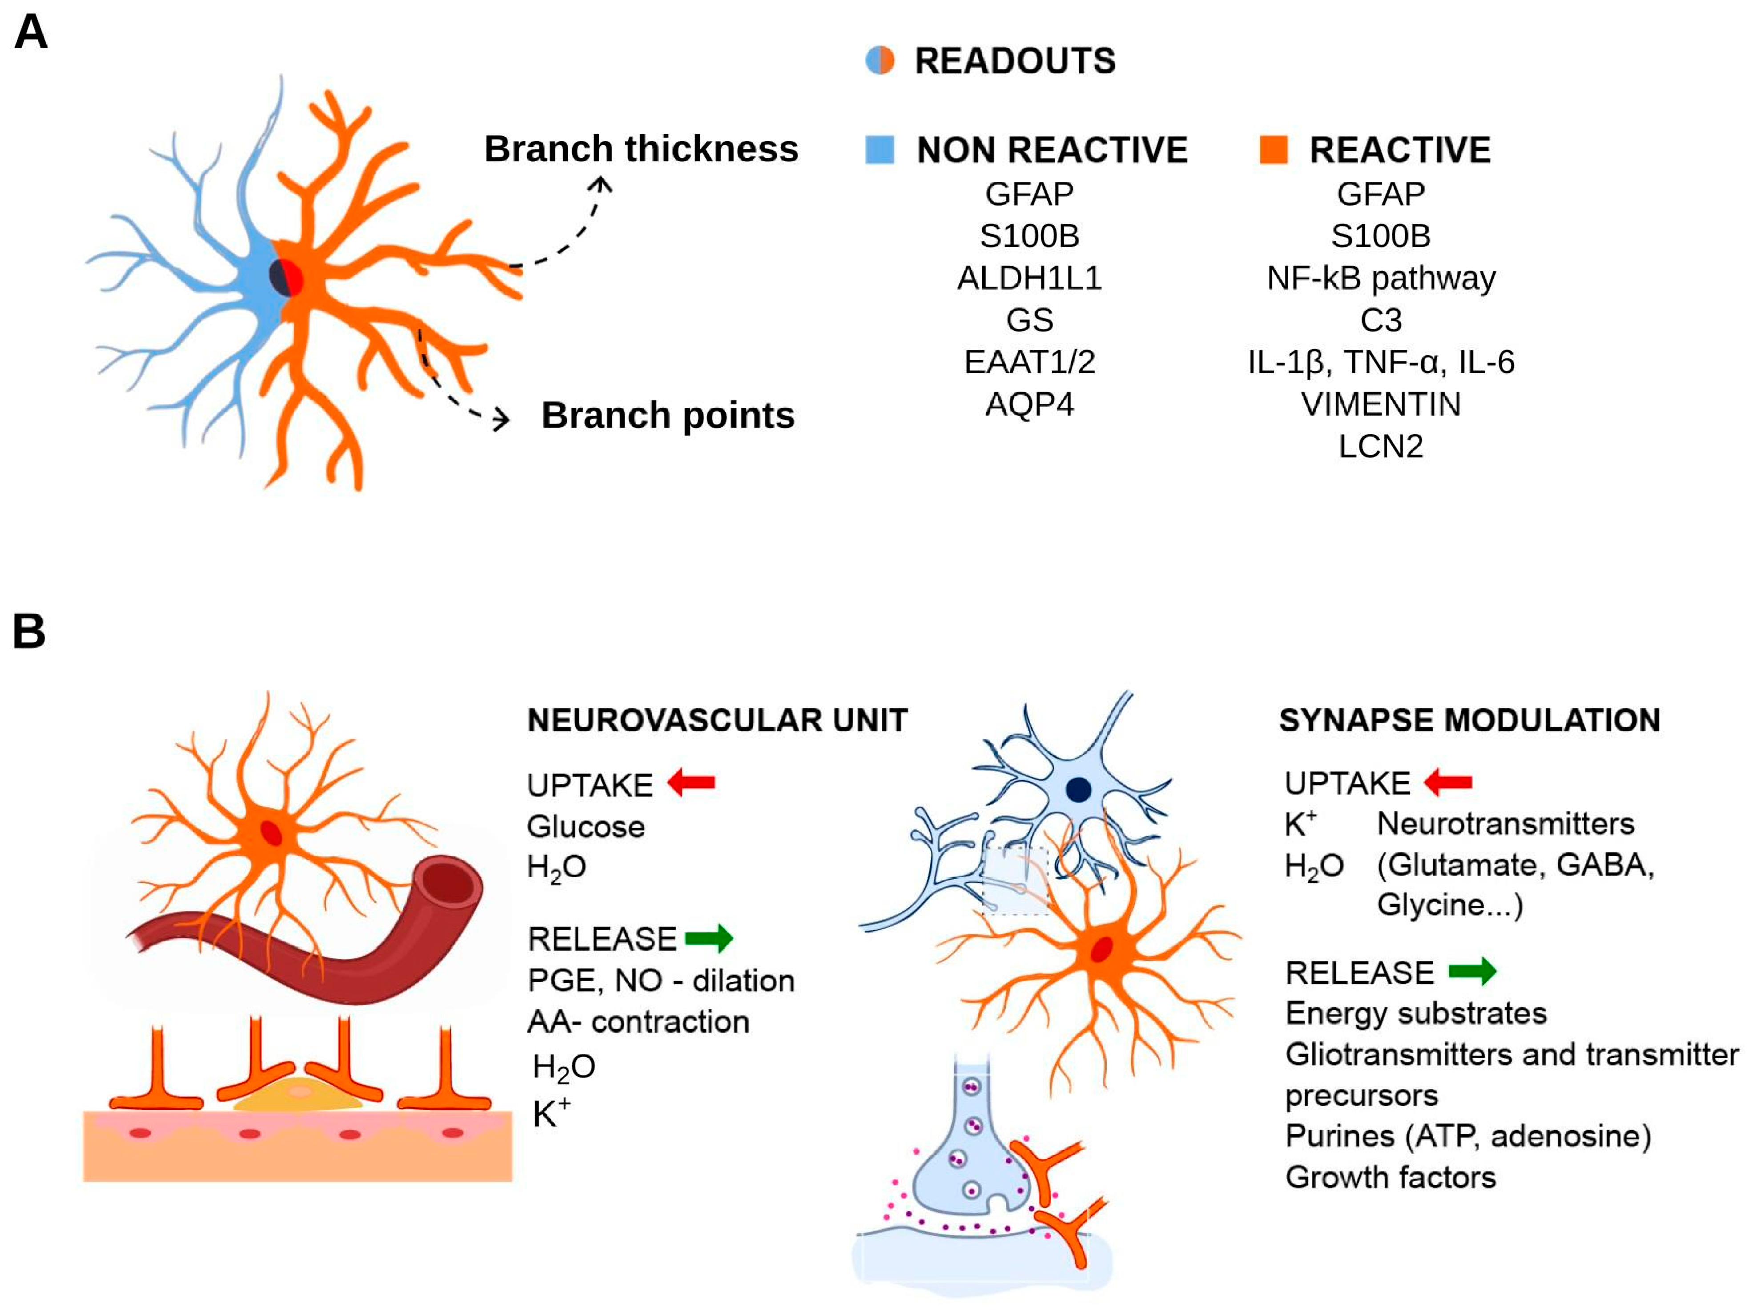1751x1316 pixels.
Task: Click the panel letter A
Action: pos(31,33)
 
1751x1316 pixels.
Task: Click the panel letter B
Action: pos(29,631)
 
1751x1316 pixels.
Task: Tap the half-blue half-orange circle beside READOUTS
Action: pos(879,60)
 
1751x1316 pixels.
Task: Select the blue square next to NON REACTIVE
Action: pos(879,149)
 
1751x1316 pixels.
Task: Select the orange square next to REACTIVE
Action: pos(1273,149)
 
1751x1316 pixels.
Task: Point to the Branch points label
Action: pos(667,415)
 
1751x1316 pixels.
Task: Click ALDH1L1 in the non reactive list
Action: pos(1029,278)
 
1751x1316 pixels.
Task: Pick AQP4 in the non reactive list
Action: pos(1029,404)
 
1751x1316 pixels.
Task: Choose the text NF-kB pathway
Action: pos(1381,278)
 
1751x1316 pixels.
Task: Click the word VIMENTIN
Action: pos(1381,404)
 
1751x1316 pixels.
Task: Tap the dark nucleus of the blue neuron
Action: pos(1078,789)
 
